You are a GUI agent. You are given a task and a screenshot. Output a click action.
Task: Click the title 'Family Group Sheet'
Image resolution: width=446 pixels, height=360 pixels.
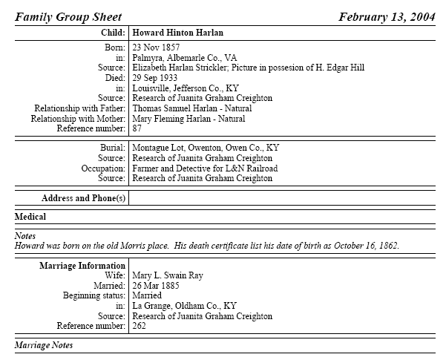[68, 16]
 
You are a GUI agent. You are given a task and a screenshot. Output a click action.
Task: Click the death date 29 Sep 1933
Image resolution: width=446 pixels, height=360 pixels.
[155, 77]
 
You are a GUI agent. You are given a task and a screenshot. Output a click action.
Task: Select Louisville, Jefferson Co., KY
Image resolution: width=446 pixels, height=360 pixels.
[186, 88]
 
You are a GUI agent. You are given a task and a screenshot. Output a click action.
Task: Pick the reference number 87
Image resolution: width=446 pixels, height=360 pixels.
[137, 128]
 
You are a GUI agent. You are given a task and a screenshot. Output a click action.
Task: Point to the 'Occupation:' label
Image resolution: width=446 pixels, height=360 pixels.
[103, 168]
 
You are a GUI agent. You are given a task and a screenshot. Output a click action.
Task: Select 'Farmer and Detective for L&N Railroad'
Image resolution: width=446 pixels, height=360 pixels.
[205, 168]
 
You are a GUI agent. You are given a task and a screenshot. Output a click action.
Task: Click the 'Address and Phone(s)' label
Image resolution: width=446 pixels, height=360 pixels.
[84, 198]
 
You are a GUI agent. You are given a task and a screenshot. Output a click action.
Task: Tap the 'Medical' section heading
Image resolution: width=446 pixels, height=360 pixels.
[30, 217]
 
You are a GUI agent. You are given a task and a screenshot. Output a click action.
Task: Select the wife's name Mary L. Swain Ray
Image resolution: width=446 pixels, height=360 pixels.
[168, 275]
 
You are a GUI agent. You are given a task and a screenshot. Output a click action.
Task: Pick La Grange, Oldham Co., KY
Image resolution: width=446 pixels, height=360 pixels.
[184, 305]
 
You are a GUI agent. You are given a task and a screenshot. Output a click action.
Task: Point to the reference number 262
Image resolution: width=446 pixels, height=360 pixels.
[140, 325]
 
